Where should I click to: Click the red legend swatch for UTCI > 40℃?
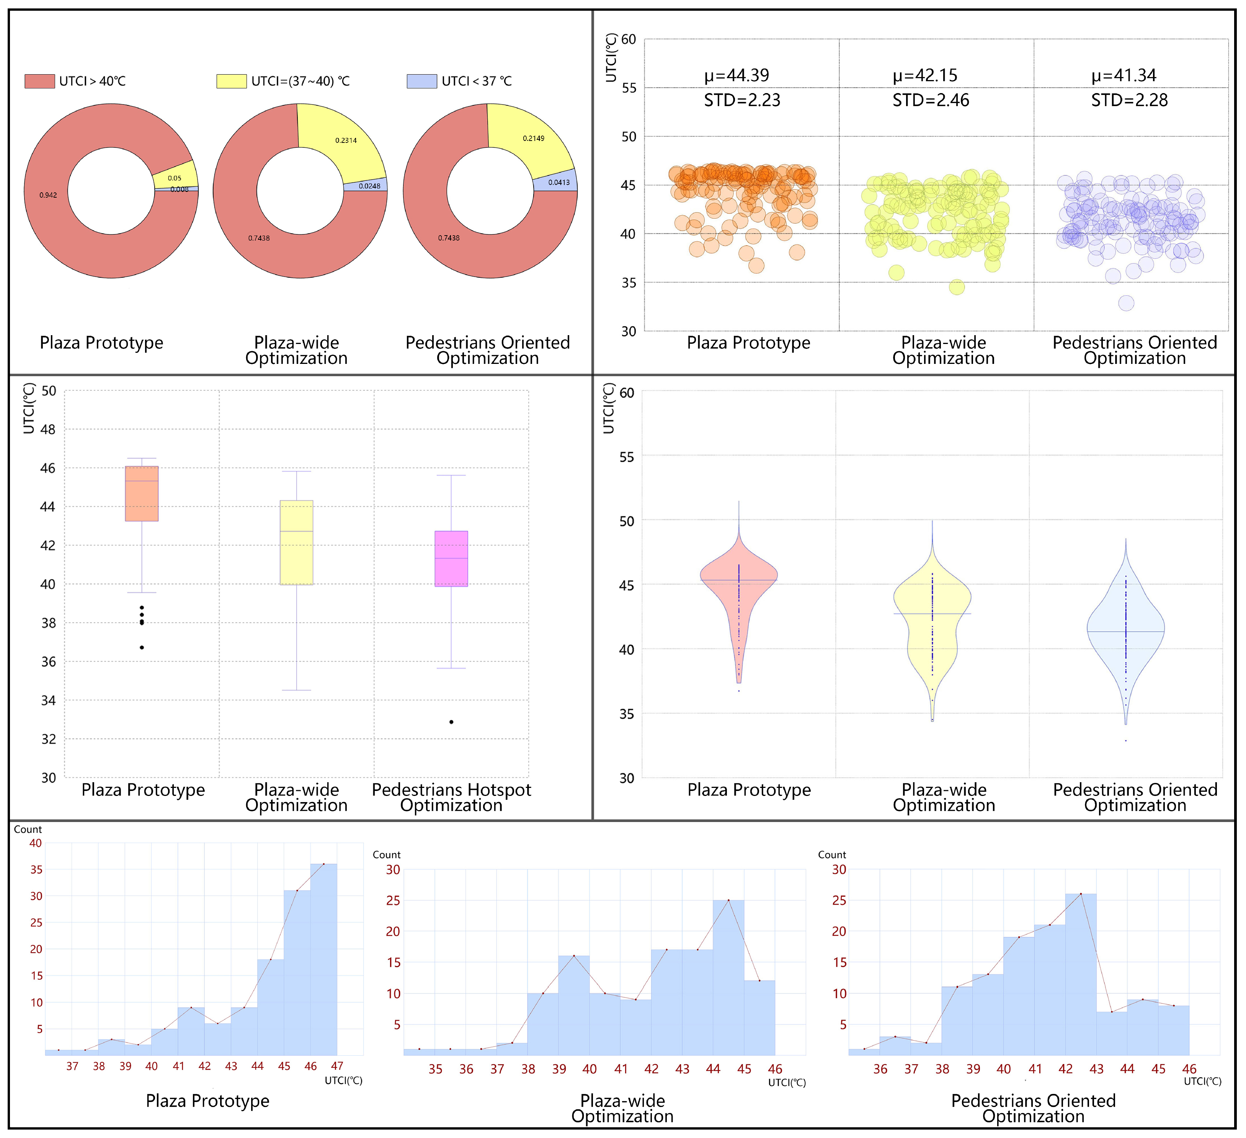tap(39, 81)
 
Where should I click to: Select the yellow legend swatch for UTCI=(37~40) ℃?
tap(232, 81)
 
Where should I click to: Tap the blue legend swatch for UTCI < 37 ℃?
tap(422, 81)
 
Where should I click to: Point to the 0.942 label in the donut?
tap(48, 195)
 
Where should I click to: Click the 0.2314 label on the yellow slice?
tap(346, 141)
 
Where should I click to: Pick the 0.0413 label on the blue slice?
tap(559, 182)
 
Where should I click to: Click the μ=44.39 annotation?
tap(737, 75)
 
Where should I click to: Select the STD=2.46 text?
tap(931, 100)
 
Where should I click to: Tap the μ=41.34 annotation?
tap(1124, 75)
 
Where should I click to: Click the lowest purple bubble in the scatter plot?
tap(1126, 303)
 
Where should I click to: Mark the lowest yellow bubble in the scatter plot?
tap(957, 287)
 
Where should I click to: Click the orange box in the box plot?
tap(142, 494)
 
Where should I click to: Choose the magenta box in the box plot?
tap(451, 558)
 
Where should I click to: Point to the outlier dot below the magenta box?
tap(451, 722)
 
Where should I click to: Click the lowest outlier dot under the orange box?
tap(142, 648)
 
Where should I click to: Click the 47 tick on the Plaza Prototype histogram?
tap(337, 1066)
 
